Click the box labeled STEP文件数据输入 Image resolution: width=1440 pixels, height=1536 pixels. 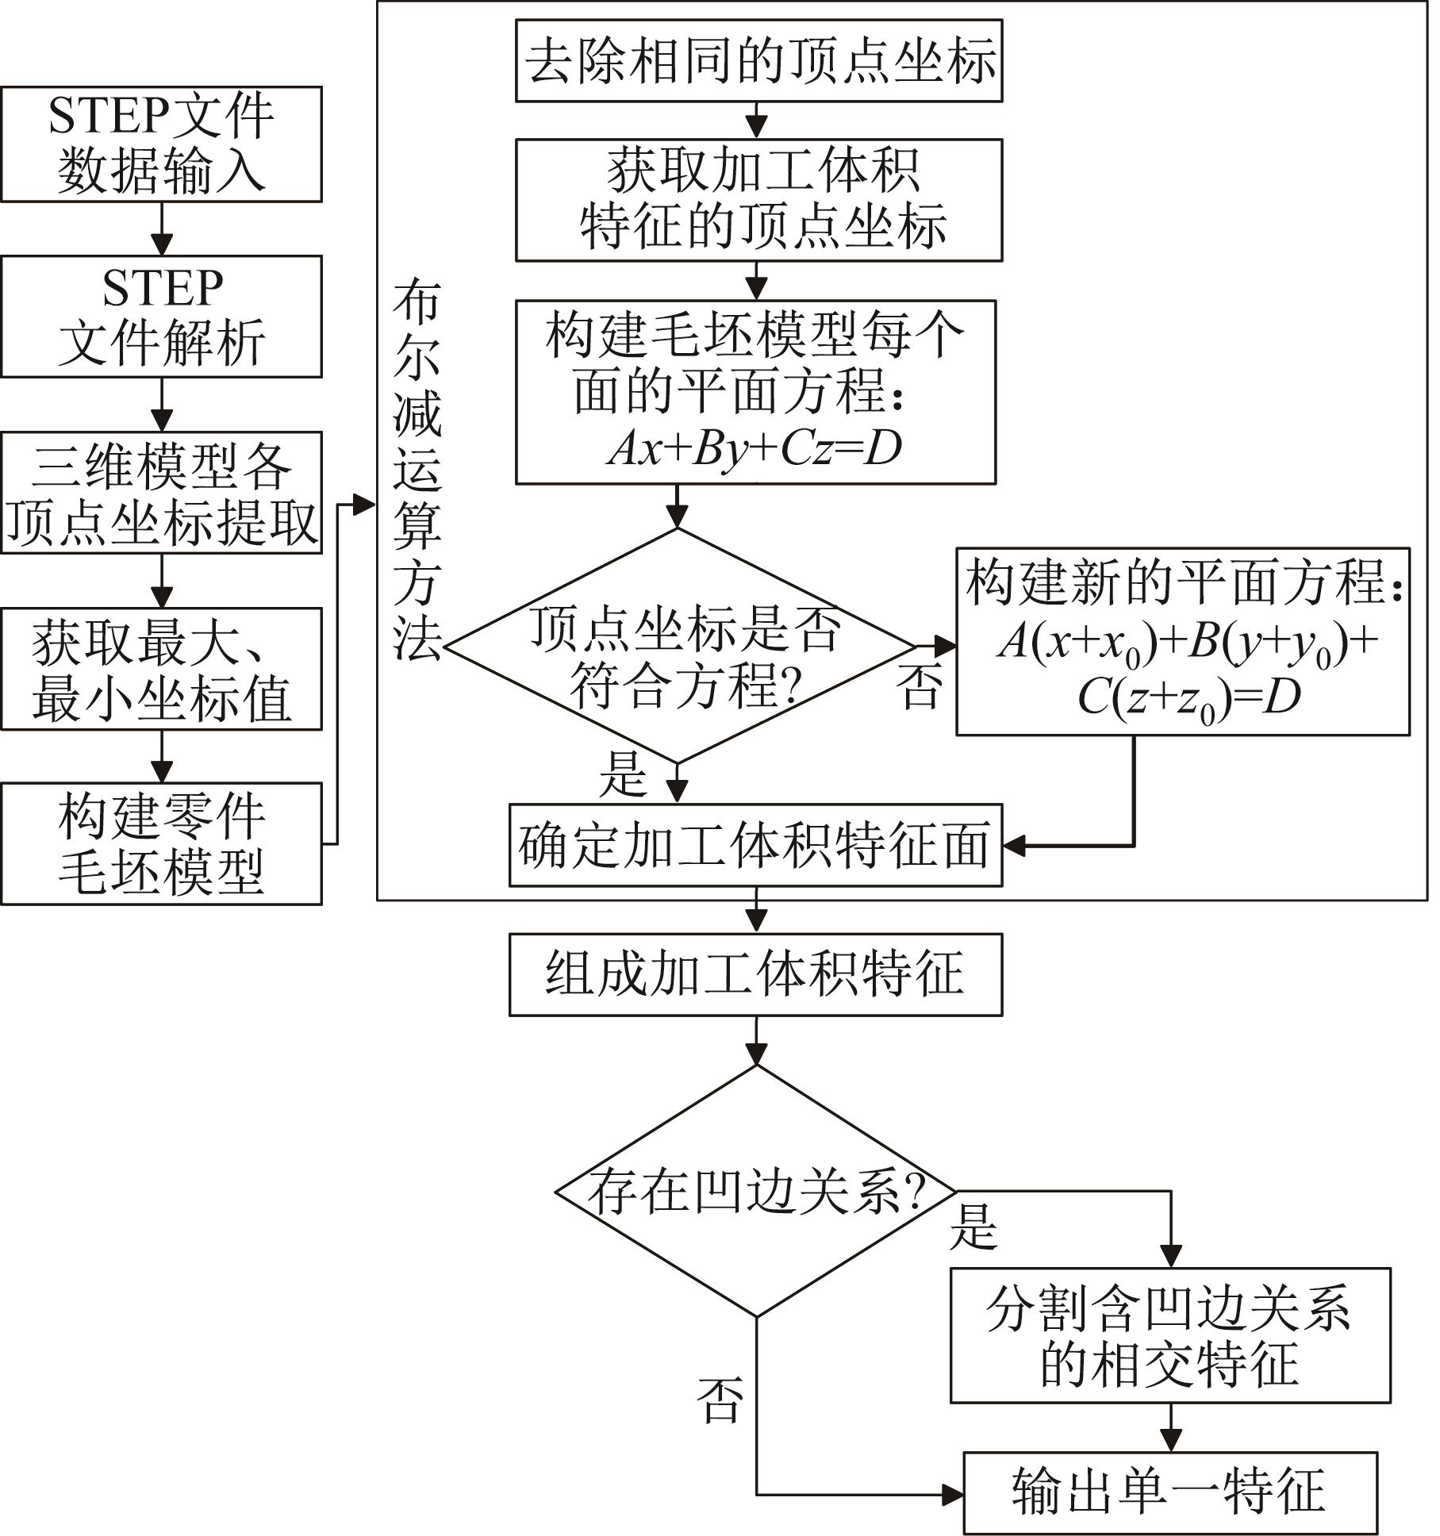click(161, 144)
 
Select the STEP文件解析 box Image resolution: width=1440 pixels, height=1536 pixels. click(161, 316)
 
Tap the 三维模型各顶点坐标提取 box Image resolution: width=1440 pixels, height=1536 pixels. click(161, 492)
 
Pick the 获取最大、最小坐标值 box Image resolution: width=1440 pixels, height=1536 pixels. click(161, 669)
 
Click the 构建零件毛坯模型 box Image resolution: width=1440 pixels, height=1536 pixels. click(161, 843)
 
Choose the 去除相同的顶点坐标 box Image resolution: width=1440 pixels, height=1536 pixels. click(758, 61)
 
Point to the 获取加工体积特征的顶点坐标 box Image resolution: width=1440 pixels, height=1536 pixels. click(758, 200)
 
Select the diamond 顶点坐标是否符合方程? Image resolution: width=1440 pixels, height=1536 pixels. click(678, 646)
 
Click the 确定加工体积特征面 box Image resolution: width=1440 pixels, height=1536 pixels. click(755, 845)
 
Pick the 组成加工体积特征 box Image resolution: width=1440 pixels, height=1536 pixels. click(755, 974)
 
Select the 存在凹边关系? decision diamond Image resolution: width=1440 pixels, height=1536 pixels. click(756, 1191)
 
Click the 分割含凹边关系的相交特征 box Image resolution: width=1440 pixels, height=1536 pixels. click(1170, 1335)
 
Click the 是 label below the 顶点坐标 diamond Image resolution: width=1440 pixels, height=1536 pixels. click(623, 775)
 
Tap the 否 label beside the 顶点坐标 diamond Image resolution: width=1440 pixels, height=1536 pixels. click(920, 685)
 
